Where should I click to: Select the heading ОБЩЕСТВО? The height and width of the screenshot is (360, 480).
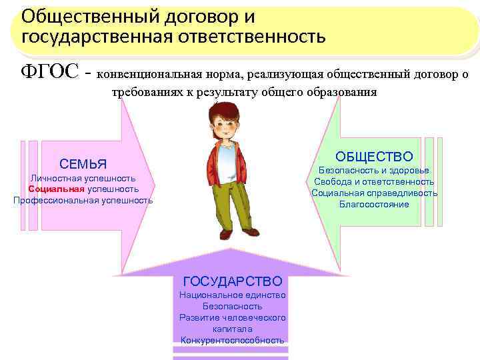pos(374,156)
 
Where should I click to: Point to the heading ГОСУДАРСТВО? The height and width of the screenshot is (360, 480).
pos(232,281)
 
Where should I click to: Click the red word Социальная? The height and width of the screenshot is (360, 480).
pos(57,189)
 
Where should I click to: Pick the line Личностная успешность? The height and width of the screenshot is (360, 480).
pos(83,178)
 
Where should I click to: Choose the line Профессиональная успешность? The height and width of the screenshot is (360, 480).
pos(83,200)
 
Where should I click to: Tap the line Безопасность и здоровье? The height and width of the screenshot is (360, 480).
pos(374,170)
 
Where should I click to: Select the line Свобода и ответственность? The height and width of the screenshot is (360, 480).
pos(374,181)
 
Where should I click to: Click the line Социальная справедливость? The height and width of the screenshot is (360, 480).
pos(374,193)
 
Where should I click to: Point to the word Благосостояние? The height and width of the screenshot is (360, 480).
pos(374,204)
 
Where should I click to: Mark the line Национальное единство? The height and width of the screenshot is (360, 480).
pos(232,295)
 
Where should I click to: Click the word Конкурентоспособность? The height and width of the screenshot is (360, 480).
pos(232,340)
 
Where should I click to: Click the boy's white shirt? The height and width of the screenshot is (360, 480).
pos(227,163)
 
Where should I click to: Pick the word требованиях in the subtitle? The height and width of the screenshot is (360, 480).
pos(149,93)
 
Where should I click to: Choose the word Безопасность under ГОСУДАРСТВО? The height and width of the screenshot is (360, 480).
pos(232,306)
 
